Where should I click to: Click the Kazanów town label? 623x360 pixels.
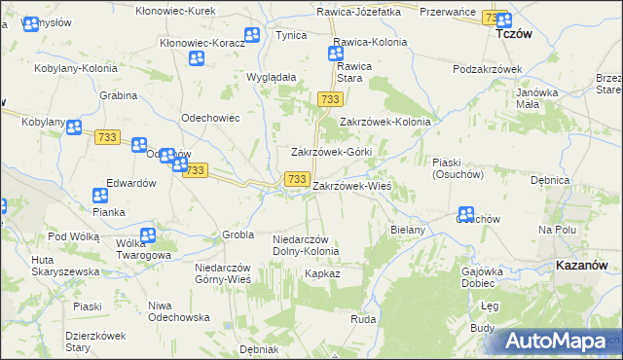click(x=583, y=265)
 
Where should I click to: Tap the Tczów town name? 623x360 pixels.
click(x=513, y=33)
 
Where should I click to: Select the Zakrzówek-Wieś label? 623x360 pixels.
click(x=351, y=185)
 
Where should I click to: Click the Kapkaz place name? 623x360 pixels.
click(x=321, y=274)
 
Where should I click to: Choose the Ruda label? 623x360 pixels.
click(x=363, y=318)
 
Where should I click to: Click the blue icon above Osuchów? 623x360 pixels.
click(x=466, y=214)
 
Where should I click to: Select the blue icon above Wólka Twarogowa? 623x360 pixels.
click(x=148, y=234)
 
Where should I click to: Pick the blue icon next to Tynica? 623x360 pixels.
click(x=252, y=35)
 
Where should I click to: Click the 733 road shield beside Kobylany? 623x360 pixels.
click(x=107, y=137)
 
